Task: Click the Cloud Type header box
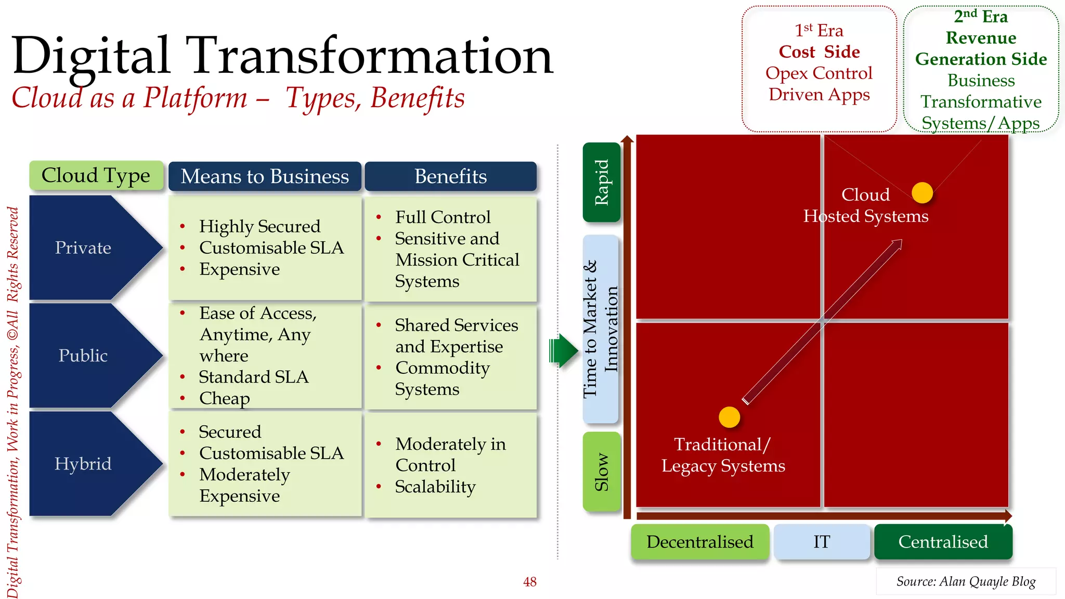pyautogui.click(x=96, y=176)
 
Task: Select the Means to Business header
pyautogui.click(x=265, y=176)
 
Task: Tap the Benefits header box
pyautogui.click(x=450, y=176)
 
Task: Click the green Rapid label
pyautogui.click(x=602, y=182)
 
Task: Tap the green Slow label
pyautogui.click(x=602, y=471)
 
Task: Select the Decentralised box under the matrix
pyautogui.click(x=699, y=542)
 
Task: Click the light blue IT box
pyautogui.click(x=822, y=542)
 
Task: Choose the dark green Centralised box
pyautogui.click(x=943, y=542)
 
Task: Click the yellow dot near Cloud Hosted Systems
pyautogui.click(x=922, y=193)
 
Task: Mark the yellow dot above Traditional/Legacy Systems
pyautogui.click(x=729, y=417)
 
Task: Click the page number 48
pyautogui.click(x=529, y=582)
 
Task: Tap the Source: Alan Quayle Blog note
pyautogui.click(x=966, y=581)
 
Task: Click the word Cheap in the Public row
pyautogui.click(x=225, y=398)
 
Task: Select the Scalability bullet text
pyautogui.click(x=435, y=487)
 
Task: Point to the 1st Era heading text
pyautogui.click(x=819, y=31)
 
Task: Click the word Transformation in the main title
pyautogui.click(x=369, y=56)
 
